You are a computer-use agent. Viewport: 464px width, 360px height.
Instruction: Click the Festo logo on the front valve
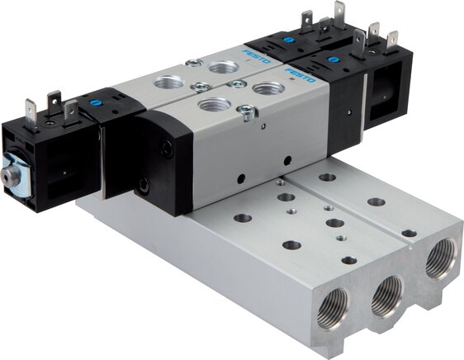point(300,75)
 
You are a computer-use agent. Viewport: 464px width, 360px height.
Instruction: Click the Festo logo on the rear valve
point(256,55)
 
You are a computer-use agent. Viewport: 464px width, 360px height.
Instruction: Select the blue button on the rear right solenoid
point(286,40)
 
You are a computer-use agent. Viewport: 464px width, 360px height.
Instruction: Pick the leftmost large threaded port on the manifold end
point(334,308)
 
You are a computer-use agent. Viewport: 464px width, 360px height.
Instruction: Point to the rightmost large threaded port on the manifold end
point(440,259)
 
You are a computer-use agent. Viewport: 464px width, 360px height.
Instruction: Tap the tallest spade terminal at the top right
point(339,14)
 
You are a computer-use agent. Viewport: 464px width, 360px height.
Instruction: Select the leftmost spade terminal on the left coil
point(31,115)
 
